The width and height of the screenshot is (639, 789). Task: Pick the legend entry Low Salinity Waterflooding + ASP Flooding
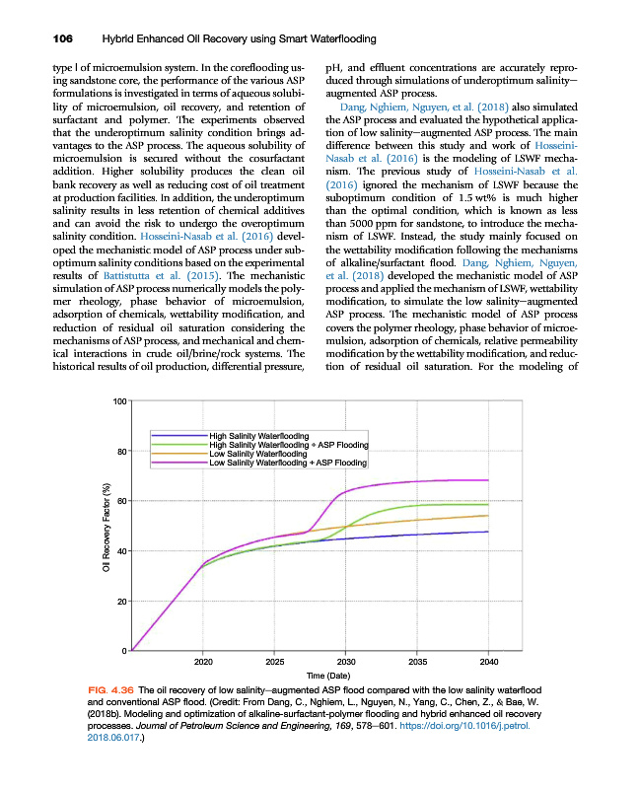pos(289,462)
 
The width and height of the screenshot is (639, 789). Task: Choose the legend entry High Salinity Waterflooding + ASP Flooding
pos(289,444)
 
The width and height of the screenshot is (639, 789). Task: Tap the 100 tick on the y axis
pos(120,401)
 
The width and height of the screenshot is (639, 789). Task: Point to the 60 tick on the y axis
pos(122,501)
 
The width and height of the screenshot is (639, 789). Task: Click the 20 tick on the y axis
pos(122,601)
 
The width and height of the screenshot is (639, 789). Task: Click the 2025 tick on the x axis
pos(275,662)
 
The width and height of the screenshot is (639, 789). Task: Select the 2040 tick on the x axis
pos(488,662)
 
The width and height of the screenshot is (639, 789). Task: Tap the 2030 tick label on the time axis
pos(346,662)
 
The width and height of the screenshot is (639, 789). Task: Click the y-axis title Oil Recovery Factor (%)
pos(106,527)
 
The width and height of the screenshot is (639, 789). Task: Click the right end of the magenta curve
pos(488,480)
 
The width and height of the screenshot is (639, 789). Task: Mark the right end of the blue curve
pos(488,532)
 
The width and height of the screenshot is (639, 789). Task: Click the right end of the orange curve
pos(488,515)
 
